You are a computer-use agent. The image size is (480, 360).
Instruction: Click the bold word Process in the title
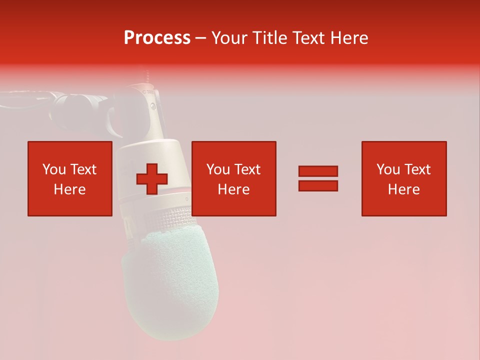click(x=157, y=38)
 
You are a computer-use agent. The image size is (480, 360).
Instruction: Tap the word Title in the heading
click(x=270, y=38)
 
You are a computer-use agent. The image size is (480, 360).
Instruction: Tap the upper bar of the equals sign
click(x=318, y=171)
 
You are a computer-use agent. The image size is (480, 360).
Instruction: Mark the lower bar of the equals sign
click(x=318, y=186)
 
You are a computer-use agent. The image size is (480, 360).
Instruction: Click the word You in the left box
click(x=53, y=169)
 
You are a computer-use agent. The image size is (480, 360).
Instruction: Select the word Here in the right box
click(x=403, y=189)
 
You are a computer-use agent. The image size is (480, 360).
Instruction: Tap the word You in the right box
click(x=388, y=169)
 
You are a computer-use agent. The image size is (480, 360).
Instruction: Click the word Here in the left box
click(x=69, y=189)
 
